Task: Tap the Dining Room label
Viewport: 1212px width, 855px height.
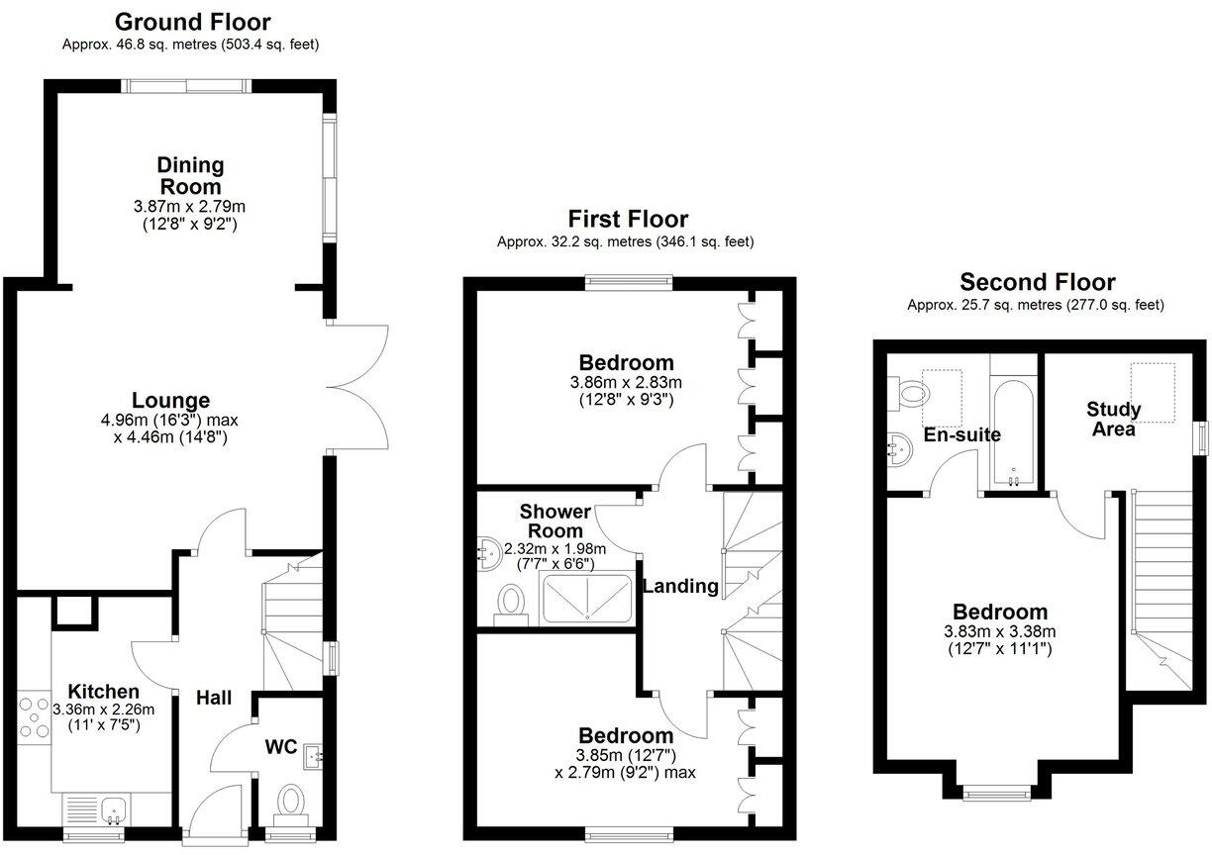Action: coord(191,175)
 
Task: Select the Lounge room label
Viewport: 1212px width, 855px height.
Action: coord(170,400)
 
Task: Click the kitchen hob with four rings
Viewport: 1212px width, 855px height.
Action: coord(32,717)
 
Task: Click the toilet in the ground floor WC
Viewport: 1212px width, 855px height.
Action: coord(291,801)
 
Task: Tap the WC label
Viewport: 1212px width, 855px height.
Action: coord(281,746)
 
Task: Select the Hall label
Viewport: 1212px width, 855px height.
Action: coord(213,698)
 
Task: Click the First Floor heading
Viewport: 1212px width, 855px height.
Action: coord(628,219)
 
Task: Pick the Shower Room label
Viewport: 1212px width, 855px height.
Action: coord(555,521)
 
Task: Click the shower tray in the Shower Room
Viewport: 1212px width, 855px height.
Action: coord(588,600)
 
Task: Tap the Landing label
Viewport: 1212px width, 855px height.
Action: coord(680,586)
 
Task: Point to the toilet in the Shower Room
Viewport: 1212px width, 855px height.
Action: coord(512,601)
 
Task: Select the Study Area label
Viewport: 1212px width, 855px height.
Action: coord(1113,419)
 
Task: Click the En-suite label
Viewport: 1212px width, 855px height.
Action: coord(961,434)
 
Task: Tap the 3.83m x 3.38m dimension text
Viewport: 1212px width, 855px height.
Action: coord(1000,632)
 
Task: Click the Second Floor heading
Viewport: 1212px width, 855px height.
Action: coord(1037,282)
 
